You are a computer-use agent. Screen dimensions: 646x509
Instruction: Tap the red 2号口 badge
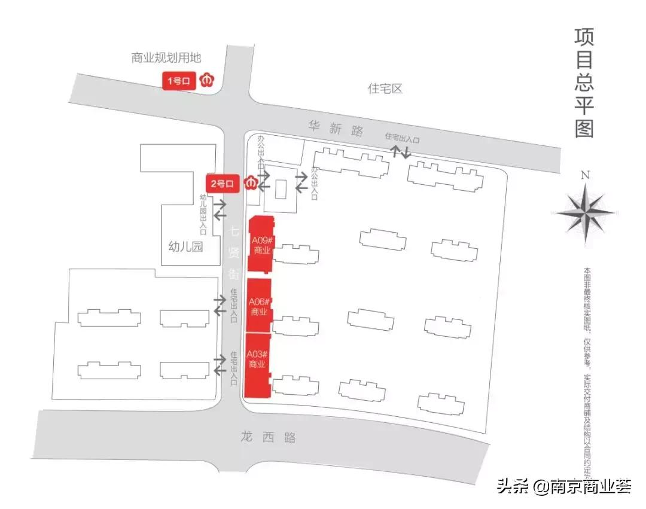coord(222,184)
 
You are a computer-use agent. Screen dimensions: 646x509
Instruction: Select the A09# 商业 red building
coord(261,245)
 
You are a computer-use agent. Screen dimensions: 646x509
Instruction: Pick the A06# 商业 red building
coord(259,306)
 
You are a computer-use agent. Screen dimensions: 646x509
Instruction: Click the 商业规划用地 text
coord(166,58)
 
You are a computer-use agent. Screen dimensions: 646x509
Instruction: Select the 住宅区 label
coord(385,89)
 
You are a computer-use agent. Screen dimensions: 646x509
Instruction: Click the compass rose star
coord(585,211)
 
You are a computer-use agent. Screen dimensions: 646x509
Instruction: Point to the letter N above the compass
coord(585,175)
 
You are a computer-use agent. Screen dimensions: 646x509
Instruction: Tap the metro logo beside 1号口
coord(206,80)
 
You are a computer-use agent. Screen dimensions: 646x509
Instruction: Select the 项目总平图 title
coord(584,83)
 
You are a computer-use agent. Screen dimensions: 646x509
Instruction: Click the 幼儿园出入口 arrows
coord(220,209)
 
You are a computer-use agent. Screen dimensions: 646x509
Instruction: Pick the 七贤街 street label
coord(234,252)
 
